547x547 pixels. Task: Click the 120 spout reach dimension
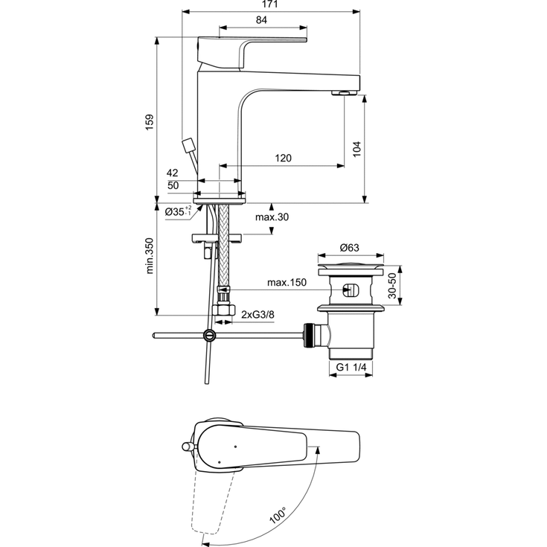point(282,158)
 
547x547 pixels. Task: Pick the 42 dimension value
point(173,173)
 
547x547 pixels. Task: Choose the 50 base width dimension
point(173,185)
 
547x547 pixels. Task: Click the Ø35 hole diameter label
point(177,213)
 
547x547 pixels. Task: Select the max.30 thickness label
point(272,217)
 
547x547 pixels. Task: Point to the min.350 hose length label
point(150,257)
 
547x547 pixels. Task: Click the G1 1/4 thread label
point(352,368)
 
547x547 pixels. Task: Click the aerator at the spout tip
point(344,93)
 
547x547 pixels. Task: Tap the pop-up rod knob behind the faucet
point(187,144)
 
